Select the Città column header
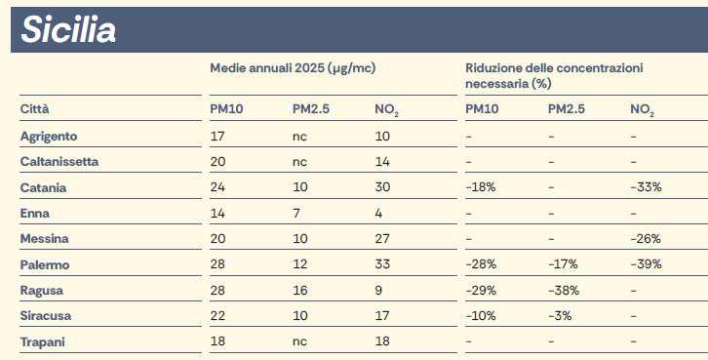34,108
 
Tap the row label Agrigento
49,135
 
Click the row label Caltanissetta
59,161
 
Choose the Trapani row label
42,341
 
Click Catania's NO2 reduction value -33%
646,186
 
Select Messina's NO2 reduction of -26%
646,238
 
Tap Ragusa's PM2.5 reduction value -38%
564,290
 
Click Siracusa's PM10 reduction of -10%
481,316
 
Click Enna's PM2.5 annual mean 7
295,213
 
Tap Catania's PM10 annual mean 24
217,186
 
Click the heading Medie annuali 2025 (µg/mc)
293,67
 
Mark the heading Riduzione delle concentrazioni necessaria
553,75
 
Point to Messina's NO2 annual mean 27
382,238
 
